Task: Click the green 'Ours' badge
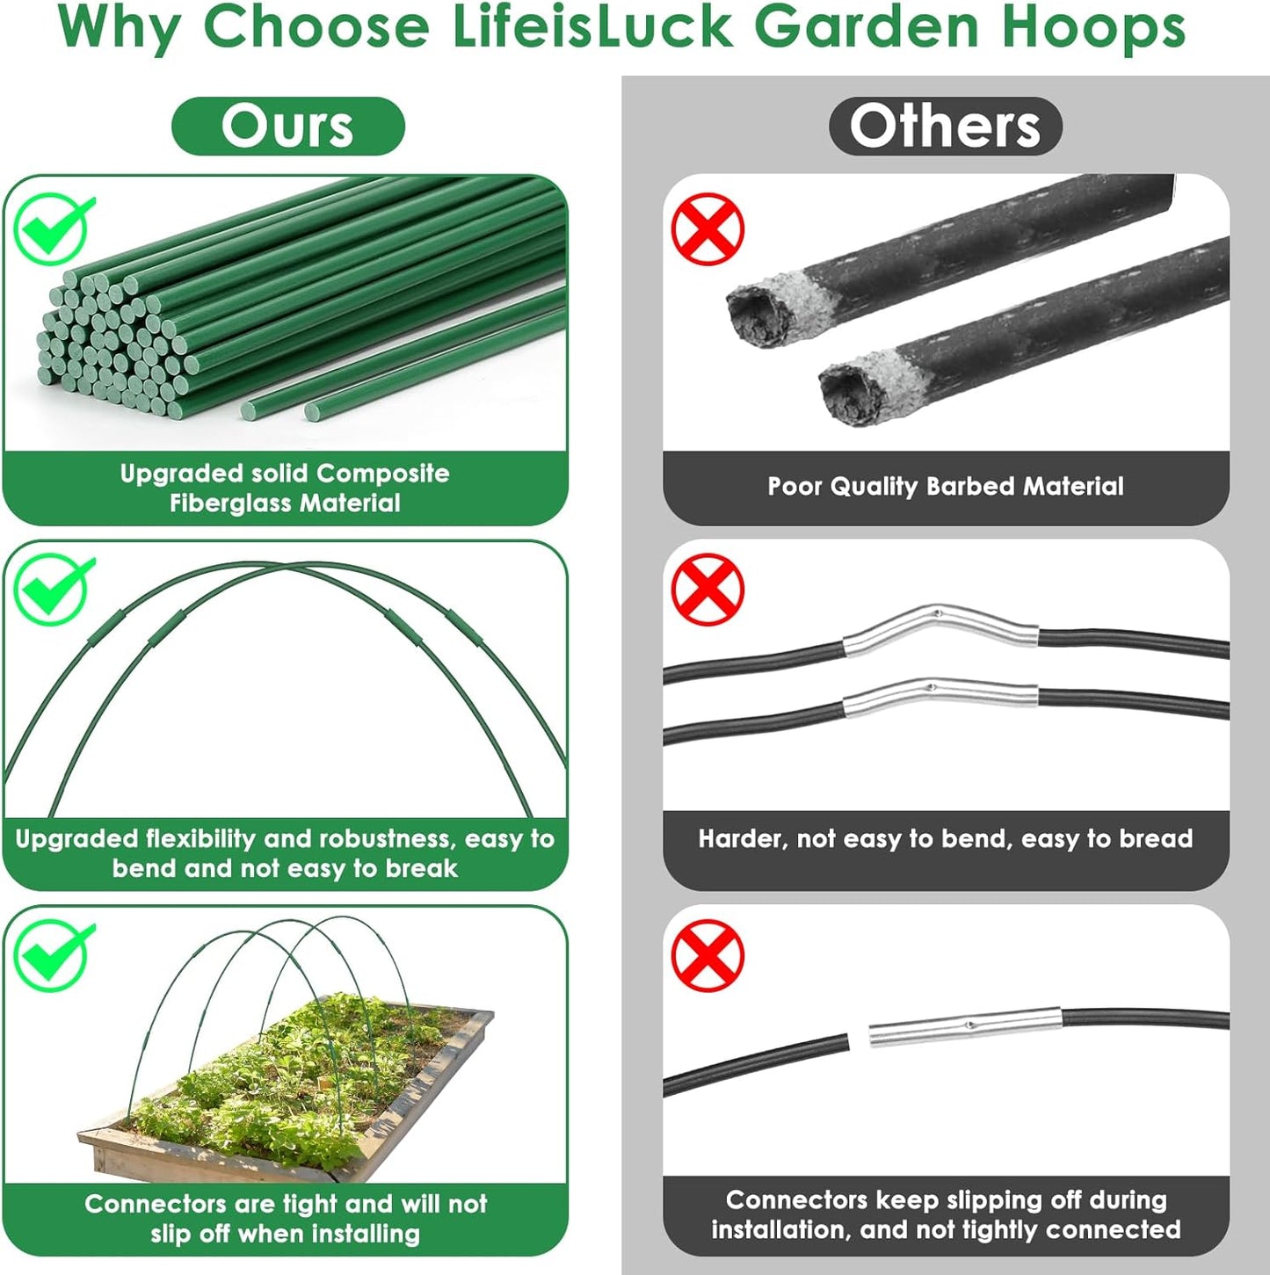point(287,127)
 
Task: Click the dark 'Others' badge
point(945,127)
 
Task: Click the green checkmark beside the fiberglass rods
point(53,228)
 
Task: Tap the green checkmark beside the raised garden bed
point(53,954)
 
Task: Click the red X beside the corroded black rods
point(708,228)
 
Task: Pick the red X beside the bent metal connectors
point(708,589)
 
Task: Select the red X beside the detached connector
point(708,955)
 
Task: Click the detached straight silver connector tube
point(965,1025)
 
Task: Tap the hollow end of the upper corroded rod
point(758,315)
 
